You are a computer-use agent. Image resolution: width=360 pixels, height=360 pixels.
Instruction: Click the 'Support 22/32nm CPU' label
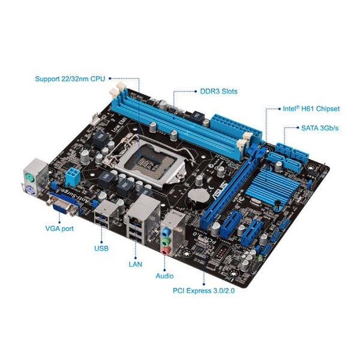[x=71, y=79]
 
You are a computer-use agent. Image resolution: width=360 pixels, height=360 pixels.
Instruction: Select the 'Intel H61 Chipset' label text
[x=311, y=109]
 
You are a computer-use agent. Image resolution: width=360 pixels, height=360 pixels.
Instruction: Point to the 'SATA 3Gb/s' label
[x=320, y=128]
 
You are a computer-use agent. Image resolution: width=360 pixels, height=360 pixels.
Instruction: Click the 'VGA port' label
[x=60, y=229]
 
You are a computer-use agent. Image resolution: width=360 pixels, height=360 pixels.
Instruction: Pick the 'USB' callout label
[x=101, y=247]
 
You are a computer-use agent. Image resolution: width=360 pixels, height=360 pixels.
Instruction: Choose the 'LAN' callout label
[x=135, y=263]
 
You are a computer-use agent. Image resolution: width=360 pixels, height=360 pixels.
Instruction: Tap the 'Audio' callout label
[x=164, y=276]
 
